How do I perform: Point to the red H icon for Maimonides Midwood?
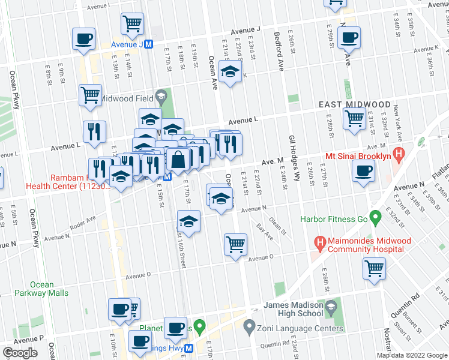point(321,244)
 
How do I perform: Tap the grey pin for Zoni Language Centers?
point(249,328)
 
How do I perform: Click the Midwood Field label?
point(125,98)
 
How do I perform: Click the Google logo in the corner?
point(20,353)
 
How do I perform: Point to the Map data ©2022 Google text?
point(412,355)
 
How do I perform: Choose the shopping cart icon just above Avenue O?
point(235,244)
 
